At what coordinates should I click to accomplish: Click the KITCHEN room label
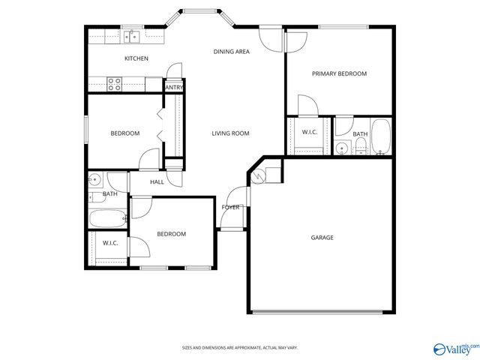136,58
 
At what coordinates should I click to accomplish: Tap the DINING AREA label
231,52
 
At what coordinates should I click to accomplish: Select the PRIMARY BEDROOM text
339,73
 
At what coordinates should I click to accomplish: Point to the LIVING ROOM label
229,133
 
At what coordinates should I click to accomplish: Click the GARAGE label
322,238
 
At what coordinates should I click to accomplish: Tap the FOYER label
230,207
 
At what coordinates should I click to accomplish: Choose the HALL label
157,182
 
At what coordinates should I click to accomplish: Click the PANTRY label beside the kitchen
174,88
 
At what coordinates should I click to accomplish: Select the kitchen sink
133,36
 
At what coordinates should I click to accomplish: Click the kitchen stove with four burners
115,84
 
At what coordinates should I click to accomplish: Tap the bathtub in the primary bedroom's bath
380,136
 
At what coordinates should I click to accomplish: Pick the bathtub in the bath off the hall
108,219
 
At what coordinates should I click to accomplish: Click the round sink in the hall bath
95,180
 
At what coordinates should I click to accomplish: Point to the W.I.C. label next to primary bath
310,133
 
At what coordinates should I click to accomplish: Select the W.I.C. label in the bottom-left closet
110,243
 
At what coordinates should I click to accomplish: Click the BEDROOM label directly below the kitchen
125,133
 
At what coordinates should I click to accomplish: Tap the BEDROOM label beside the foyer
171,234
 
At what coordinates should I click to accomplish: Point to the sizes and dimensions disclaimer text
239,347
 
